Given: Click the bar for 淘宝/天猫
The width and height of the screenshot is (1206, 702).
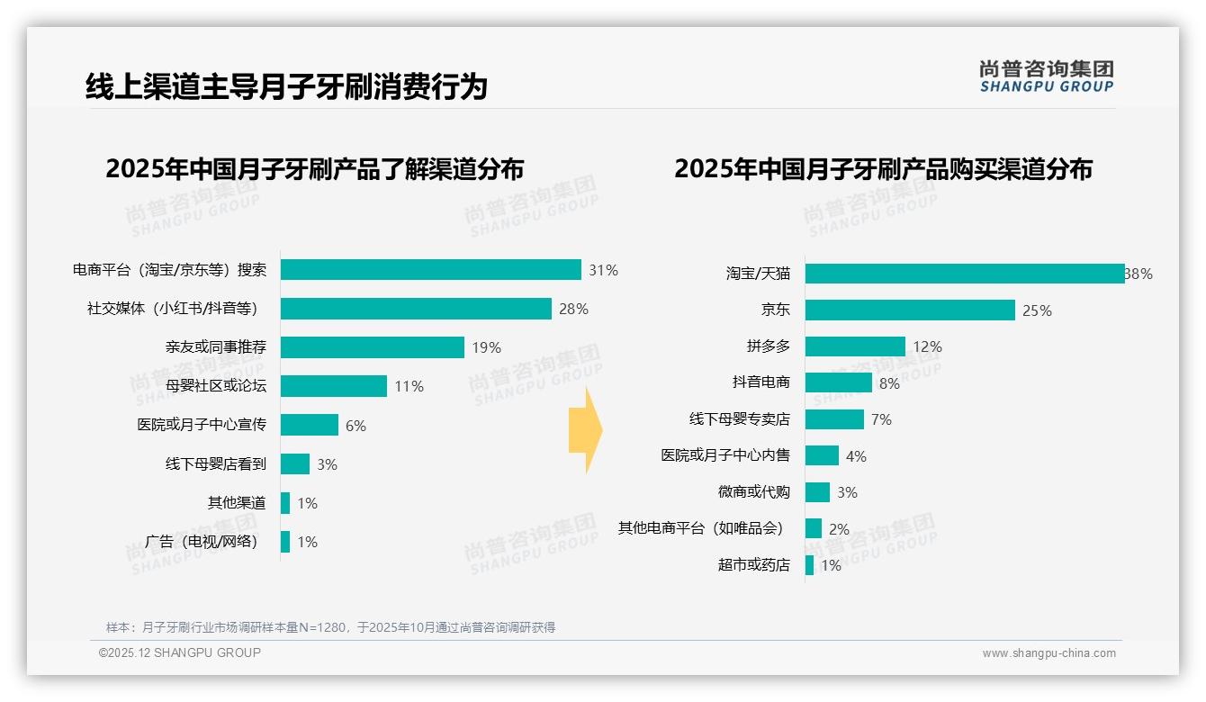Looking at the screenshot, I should (964, 274).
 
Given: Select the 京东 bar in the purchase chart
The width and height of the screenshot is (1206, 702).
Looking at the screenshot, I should (910, 310).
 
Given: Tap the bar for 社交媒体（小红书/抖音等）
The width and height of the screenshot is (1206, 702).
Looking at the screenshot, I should (416, 309).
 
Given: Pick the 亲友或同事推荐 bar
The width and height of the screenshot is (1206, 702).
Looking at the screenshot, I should (373, 347).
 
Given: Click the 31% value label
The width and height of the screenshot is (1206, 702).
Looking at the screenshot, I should (603, 270).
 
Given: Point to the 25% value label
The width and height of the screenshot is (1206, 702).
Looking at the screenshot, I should (1037, 310).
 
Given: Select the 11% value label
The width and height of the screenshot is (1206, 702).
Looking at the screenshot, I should (409, 386).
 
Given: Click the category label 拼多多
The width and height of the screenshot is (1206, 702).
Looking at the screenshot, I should (768, 346).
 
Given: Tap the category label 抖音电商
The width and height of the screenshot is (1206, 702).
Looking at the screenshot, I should (760, 382).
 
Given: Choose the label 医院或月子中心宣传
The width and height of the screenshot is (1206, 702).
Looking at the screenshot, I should (202, 425).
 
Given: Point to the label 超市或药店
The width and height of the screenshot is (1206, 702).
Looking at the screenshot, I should (753, 565).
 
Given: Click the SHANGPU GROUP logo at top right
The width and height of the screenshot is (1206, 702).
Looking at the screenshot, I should (1046, 76).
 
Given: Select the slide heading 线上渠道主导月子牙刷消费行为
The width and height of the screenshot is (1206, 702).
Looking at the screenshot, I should (286, 87).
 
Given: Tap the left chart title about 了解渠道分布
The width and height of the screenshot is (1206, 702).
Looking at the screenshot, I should (314, 169).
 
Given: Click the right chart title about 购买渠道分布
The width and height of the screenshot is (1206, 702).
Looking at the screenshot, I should (883, 169).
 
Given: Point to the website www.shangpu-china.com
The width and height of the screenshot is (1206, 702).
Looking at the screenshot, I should (1048, 653).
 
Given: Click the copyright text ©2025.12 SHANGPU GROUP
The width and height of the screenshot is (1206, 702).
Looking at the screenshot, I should (180, 652).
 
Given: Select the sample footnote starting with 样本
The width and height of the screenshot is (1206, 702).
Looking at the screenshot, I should (330, 627).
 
